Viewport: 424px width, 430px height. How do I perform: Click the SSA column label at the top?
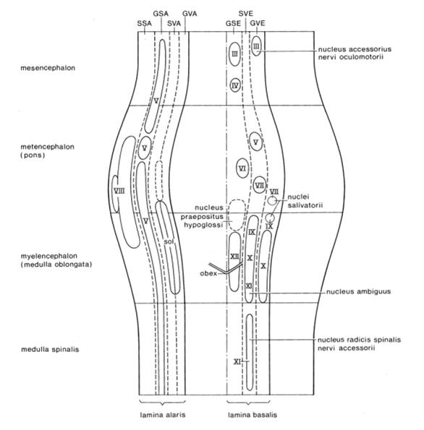tap(145, 24)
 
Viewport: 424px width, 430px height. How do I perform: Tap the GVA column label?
tap(190, 14)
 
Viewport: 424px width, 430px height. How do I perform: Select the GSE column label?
tap(233, 24)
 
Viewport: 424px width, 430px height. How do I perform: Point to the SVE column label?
tap(246, 14)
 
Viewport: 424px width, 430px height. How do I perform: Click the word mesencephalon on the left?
tap(48, 68)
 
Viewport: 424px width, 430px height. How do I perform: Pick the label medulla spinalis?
tap(50, 349)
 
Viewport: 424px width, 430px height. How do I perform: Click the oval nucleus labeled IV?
tap(235, 85)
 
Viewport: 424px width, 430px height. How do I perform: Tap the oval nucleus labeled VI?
tap(242, 168)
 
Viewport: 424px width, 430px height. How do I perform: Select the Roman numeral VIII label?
tap(119, 191)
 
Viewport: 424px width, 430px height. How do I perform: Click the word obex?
tap(208, 273)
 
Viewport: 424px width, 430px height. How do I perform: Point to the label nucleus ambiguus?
tap(358, 291)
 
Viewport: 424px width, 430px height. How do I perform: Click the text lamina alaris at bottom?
tap(163, 415)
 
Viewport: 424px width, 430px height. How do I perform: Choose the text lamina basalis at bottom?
tap(253, 415)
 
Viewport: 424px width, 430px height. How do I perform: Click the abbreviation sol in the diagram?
tap(169, 241)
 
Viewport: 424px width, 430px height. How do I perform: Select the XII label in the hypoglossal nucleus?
tap(234, 257)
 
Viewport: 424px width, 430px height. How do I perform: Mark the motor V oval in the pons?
tap(255, 142)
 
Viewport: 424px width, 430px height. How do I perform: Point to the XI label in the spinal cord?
tap(237, 362)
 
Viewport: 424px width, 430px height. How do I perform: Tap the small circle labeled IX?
tap(270, 218)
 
